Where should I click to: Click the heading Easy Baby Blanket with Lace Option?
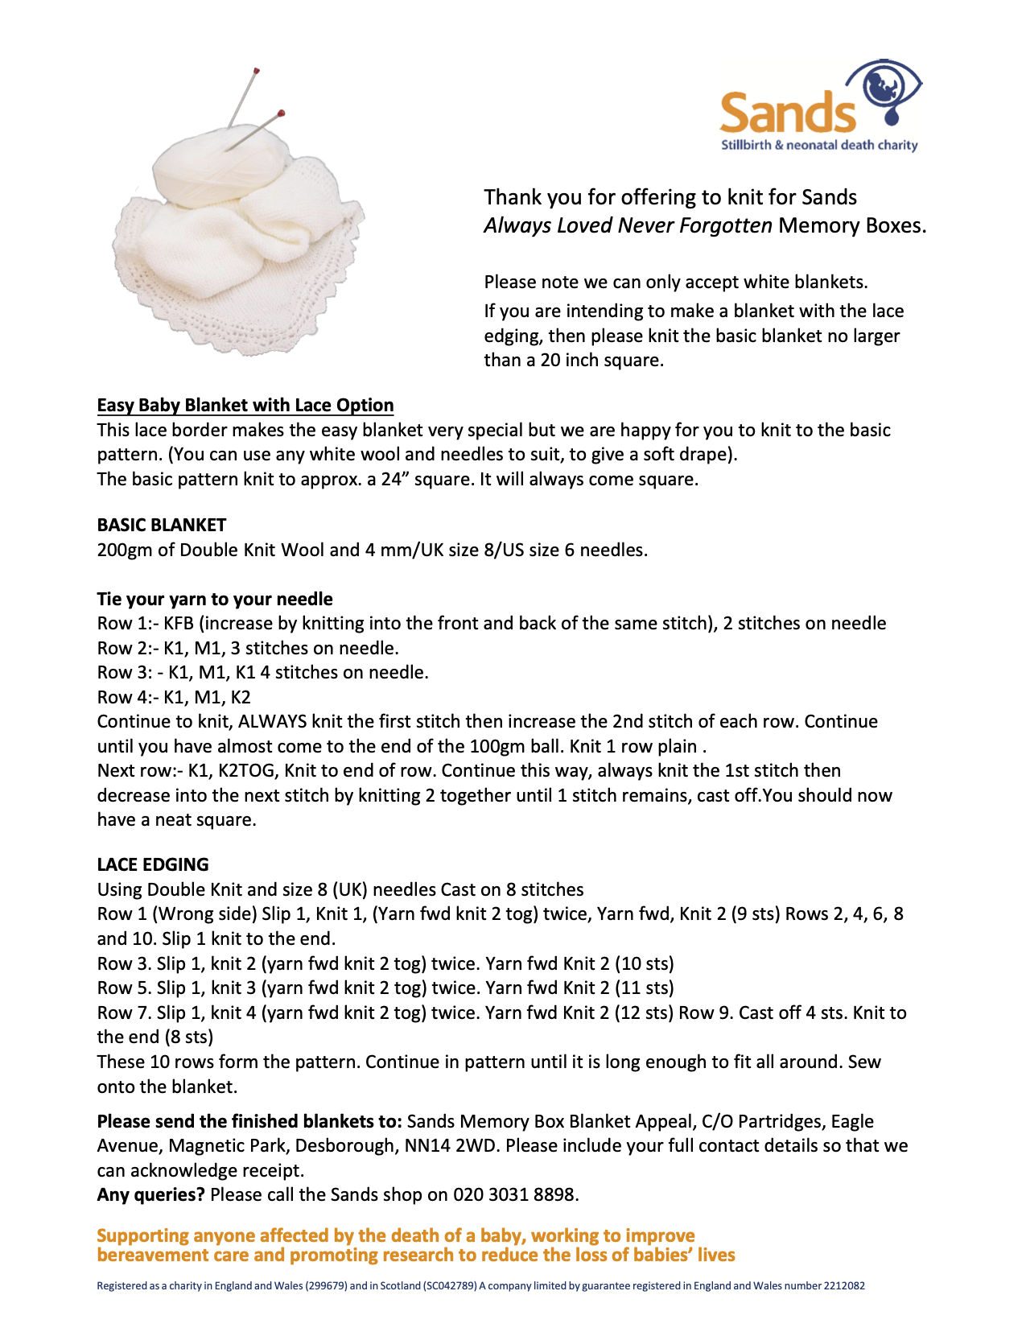[245, 405]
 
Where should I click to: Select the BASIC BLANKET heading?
[162, 525]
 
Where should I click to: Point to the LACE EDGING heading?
[153, 864]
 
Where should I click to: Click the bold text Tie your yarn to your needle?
[215, 599]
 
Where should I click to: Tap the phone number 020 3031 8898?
[514, 1194]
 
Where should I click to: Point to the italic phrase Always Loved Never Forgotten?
[628, 225]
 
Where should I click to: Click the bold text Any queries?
[150, 1194]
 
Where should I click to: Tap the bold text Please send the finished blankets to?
[249, 1121]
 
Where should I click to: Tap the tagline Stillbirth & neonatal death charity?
[819, 146]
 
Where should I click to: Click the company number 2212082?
[844, 1285]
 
